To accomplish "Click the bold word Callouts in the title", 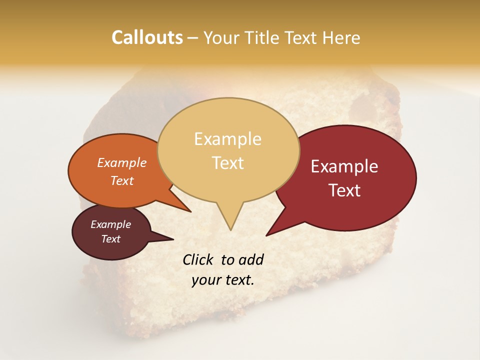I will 147,37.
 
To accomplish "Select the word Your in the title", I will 220,37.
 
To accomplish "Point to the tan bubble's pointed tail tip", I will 230,229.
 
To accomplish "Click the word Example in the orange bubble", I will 121,162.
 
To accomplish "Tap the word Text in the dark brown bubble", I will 110,239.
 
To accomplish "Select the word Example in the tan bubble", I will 227,139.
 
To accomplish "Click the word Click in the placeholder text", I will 198,259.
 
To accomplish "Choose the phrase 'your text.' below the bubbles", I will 223,280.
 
